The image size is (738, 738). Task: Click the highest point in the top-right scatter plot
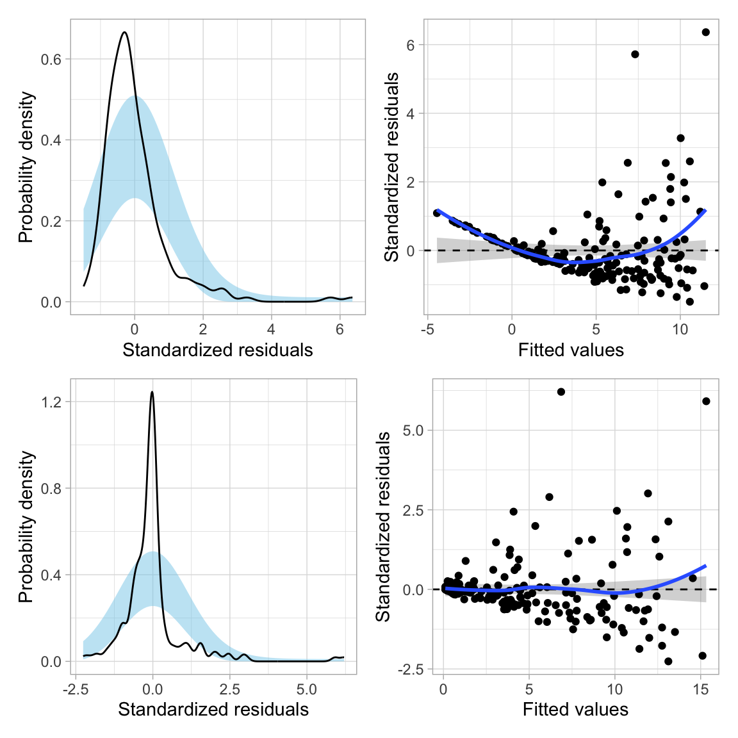click(x=705, y=32)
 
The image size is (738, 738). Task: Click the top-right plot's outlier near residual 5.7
click(x=635, y=54)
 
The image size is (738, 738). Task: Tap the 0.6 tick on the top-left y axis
click(x=51, y=60)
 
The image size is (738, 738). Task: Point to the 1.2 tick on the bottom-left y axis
click(x=51, y=402)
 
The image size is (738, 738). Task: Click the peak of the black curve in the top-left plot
click(x=124, y=32)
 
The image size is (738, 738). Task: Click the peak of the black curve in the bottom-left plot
click(x=152, y=391)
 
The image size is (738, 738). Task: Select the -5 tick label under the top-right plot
click(x=427, y=329)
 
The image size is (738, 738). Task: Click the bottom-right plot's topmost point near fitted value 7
click(x=561, y=391)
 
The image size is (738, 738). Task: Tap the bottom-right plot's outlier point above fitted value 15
click(x=706, y=401)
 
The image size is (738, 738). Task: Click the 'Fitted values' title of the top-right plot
click(x=571, y=350)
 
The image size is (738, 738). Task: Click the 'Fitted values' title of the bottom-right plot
click(x=575, y=710)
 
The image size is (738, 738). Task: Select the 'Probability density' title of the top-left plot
click(x=26, y=168)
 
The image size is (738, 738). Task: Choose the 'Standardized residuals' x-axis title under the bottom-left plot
click(x=213, y=710)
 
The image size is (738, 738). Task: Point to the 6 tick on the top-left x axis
click(x=340, y=329)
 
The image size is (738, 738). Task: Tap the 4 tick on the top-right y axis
click(x=410, y=114)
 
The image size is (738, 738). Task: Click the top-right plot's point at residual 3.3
click(x=680, y=138)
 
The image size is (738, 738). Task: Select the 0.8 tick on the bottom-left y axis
click(x=51, y=489)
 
